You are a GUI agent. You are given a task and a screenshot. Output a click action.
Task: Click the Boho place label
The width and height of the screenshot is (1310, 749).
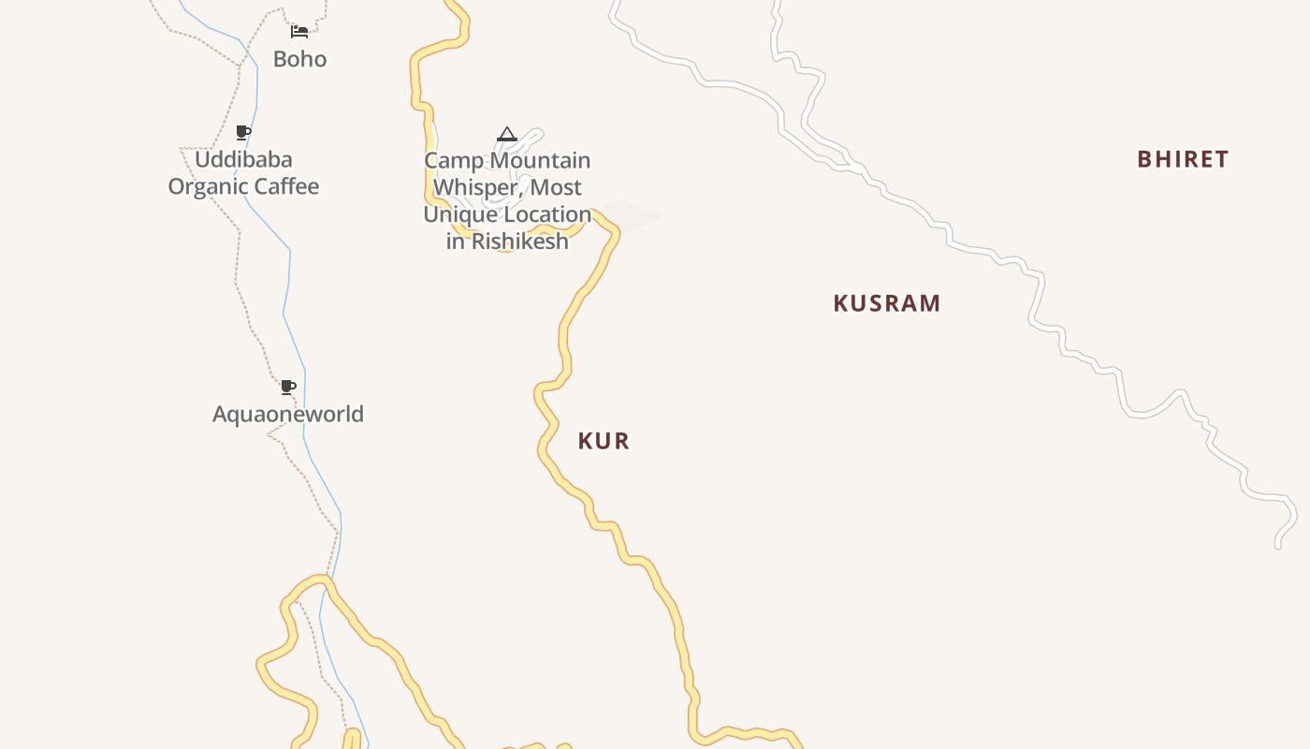point(299,59)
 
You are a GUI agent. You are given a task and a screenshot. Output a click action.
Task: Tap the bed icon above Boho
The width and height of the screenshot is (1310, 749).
point(299,32)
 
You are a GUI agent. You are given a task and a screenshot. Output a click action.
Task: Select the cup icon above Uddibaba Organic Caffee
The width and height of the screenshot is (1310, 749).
point(243,132)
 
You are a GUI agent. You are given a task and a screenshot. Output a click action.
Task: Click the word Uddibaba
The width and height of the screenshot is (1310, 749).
point(243,159)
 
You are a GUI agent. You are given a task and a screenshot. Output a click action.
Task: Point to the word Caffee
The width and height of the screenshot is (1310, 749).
point(284,186)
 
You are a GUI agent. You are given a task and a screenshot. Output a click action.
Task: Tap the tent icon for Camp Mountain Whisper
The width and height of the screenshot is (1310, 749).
point(507,134)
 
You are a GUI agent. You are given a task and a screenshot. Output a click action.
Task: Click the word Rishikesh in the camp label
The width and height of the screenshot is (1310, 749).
point(519,241)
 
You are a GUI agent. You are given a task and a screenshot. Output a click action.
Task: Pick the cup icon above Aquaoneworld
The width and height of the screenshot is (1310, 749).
point(288,387)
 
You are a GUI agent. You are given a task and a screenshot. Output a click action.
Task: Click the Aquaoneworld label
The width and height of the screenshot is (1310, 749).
point(288,414)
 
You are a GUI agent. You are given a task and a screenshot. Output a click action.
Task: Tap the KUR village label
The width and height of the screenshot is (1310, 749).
point(604,441)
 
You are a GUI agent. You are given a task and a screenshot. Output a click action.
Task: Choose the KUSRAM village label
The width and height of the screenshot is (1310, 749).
point(886,303)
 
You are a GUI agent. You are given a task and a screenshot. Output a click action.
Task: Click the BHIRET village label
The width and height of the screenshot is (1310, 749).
point(1183,159)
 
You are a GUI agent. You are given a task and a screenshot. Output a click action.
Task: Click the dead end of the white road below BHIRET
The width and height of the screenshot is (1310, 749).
point(1277,546)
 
